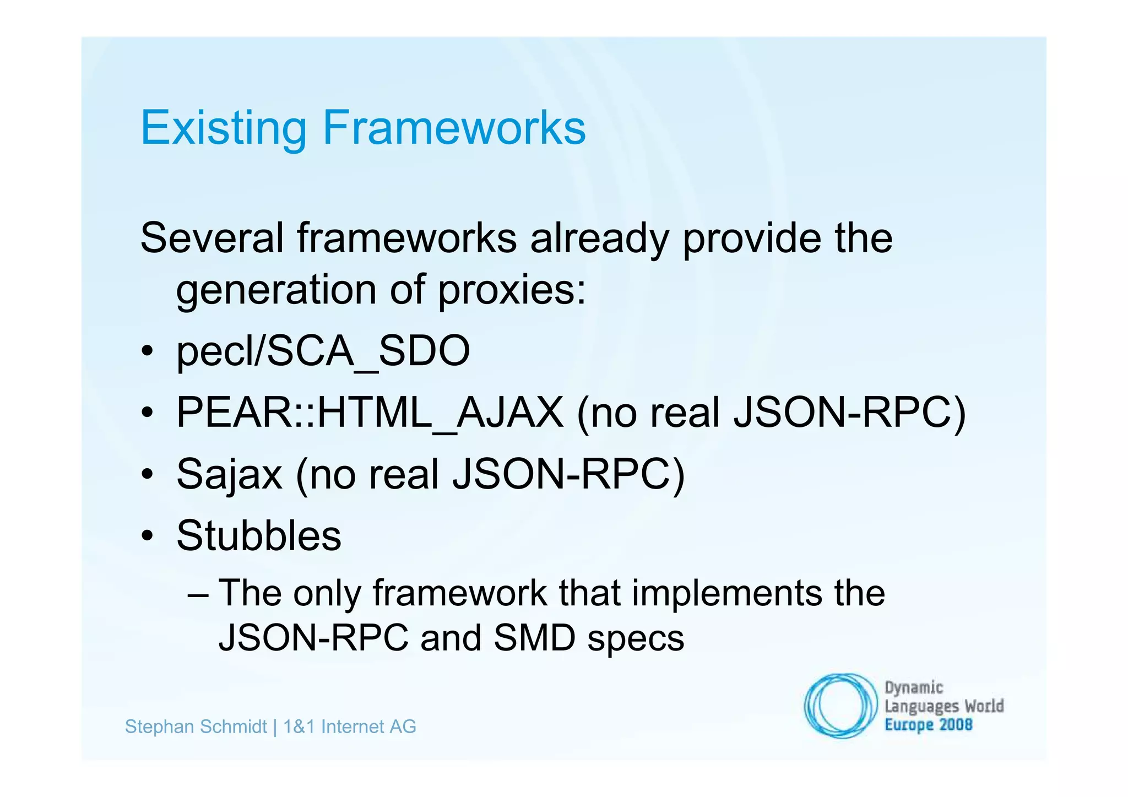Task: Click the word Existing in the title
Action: pyautogui.click(x=223, y=128)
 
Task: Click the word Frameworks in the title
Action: pyautogui.click(x=454, y=128)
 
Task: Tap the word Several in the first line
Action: pyautogui.click(x=212, y=238)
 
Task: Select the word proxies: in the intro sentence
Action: pyautogui.click(x=512, y=290)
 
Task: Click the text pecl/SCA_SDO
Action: pyautogui.click(x=323, y=351)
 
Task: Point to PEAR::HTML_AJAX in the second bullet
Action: pyautogui.click(x=370, y=413)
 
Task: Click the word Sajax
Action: pyautogui.click(x=229, y=474)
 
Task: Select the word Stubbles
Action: pyautogui.click(x=259, y=536)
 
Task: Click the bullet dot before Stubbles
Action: pyautogui.click(x=147, y=535)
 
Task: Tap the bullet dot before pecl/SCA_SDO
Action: pyautogui.click(x=147, y=351)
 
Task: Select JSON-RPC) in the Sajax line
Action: pyautogui.click(x=568, y=474)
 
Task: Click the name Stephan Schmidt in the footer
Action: pyautogui.click(x=196, y=727)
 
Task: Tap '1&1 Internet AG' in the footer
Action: pyautogui.click(x=350, y=727)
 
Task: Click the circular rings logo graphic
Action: pyautogui.click(x=840, y=706)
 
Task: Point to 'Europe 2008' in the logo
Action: pyautogui.click(x=928, y=725)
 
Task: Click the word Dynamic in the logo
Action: pyautogui.click(x=914, y=688)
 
